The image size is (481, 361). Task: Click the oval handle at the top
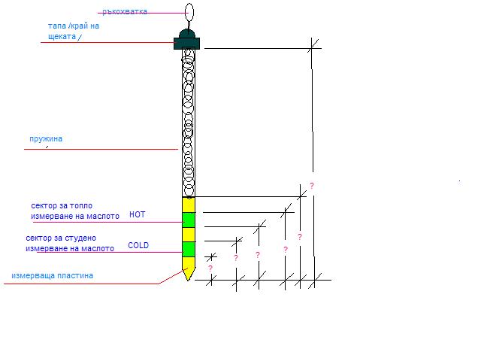click(189, 12)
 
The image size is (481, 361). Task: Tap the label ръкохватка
click(125, 12)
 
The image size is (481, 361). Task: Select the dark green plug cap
click(187, 39)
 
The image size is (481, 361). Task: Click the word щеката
click(62, 37)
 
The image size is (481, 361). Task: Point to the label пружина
click(46, 138)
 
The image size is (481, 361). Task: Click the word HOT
click(137, 214)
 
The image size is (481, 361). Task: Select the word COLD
click(138, 245)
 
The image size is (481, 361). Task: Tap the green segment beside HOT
click(189, 220)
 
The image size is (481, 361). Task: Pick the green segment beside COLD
click(189, 249)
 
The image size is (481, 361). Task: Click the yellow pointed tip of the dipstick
click(189, 269)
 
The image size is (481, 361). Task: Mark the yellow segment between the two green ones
click(189, 235)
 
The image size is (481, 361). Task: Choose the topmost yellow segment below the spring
click(189, 205)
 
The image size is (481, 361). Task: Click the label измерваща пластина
click(52, 276)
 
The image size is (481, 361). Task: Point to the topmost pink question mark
click(312, 186)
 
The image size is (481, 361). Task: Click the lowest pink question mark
click(210, 268)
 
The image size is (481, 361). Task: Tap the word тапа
click(57, 26)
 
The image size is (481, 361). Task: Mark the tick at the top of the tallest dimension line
click(313, 46)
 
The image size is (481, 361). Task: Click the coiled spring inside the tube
click(189, 123)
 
